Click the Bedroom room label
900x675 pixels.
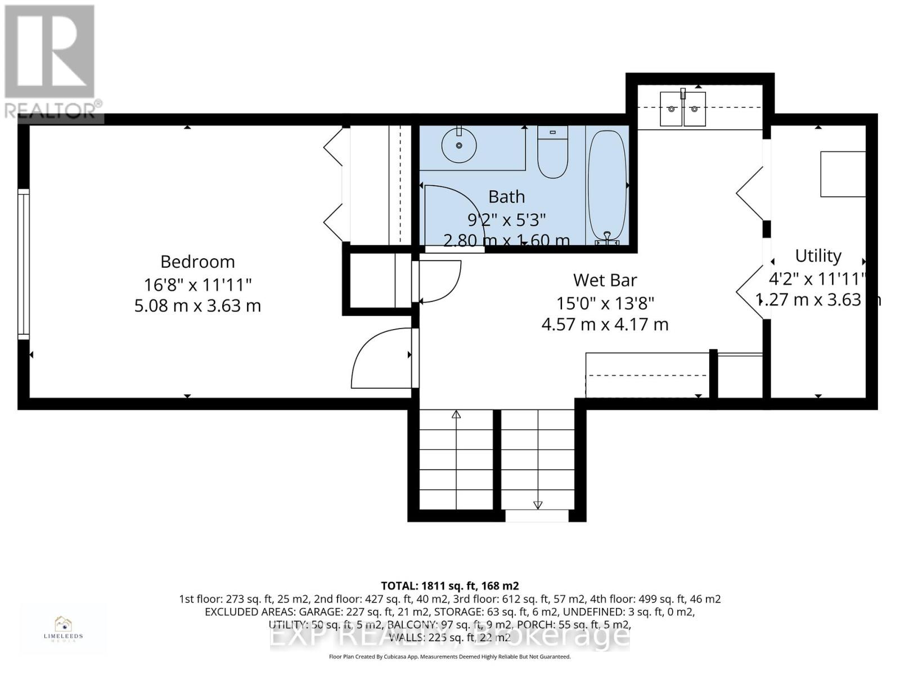coord(197,262)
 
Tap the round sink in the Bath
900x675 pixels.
coord(459,145)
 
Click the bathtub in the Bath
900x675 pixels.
coord(607,186)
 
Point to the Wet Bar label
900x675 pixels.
coord(605,280)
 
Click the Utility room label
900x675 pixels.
coord(818,256)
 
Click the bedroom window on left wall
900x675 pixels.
coord(23,264)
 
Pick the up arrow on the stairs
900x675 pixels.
coord(456,415)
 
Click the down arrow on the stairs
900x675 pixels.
coord(538,505)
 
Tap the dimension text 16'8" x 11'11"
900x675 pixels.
coord(197,284)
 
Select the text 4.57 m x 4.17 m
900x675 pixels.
coord(605,325)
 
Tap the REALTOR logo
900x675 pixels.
coord(51,62)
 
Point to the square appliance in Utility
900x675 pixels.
coord(842,174)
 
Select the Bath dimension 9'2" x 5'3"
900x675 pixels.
coord(506,219)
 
